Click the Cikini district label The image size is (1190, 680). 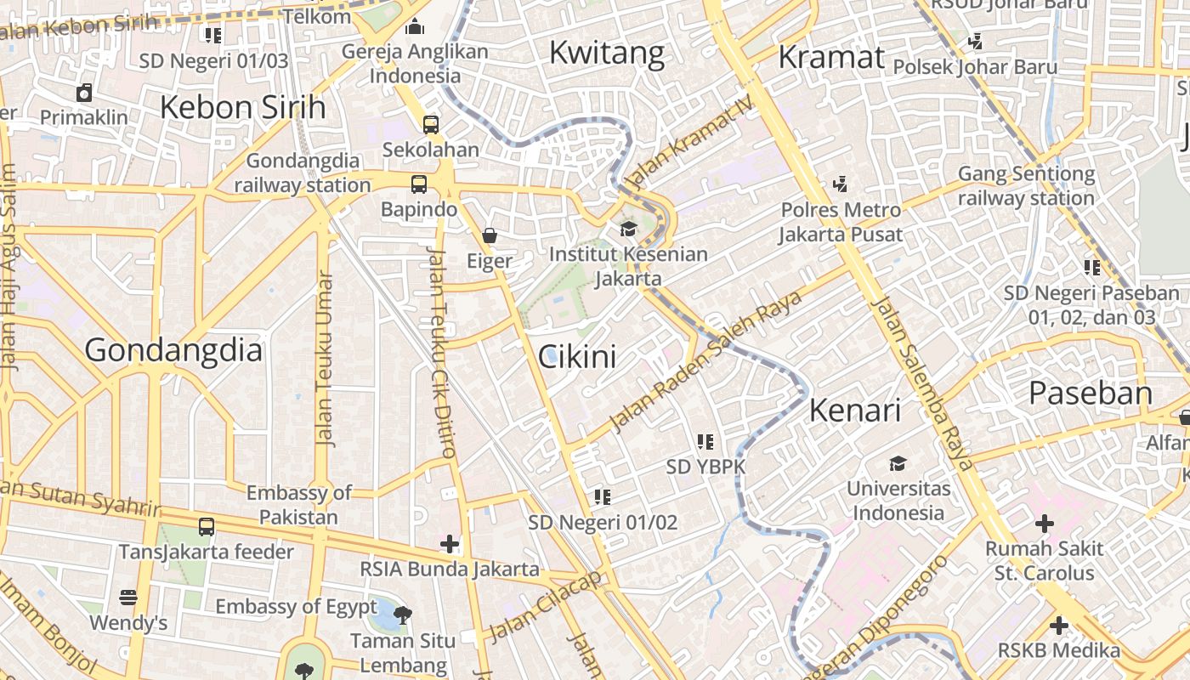pyautogui.click(x=577, y=357)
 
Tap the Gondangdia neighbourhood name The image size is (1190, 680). pyautogui.click(x=173, y=350)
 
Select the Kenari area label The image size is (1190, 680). pyautogui.click(x=854, y=411)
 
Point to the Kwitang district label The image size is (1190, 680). pyautogui.click(x=606, y=53)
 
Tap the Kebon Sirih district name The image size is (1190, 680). pyautogui.click(x=242, y=108)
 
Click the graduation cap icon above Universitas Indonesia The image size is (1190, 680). pyautogui.click(x=898, y=463)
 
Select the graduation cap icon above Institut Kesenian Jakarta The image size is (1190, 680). pyautogui.click(x=628, y=229)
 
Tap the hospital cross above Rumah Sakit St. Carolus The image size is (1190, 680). pyautogui.click(x=1044, y=524)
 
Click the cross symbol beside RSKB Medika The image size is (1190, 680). pyautogui.click(x=1058, y=626)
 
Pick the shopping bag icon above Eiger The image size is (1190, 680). pyautogui.click(x=490, y=235)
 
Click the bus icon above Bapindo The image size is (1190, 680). pyautogui.click(x=418, y=184)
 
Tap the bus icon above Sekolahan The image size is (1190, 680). pyautogui.click(x=431, y=124)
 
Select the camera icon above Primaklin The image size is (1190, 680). pyautogui.click(x=84, y=93)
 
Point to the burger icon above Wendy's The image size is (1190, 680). pyautogui.click(x=128, y=598)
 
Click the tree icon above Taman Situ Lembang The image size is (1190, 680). pyautogui.click(x=404, y=613)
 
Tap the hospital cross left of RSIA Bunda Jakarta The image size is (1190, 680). pyautogui.click(x=449, y=543)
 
